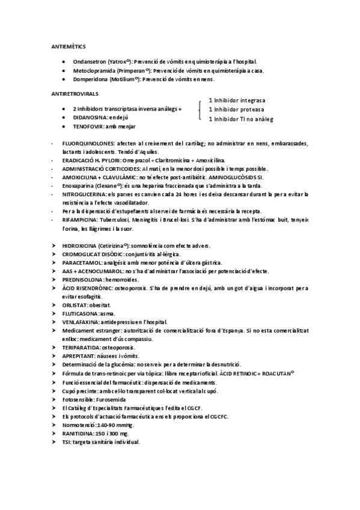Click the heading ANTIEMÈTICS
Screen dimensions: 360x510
pos(67,46)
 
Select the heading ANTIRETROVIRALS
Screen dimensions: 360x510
pos(75,95)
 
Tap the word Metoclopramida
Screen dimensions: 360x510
pos(93,70)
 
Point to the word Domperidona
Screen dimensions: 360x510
pos(90,79)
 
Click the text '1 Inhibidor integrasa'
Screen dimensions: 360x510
pos(237,100)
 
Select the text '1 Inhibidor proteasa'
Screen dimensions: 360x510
pos(236,109)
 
